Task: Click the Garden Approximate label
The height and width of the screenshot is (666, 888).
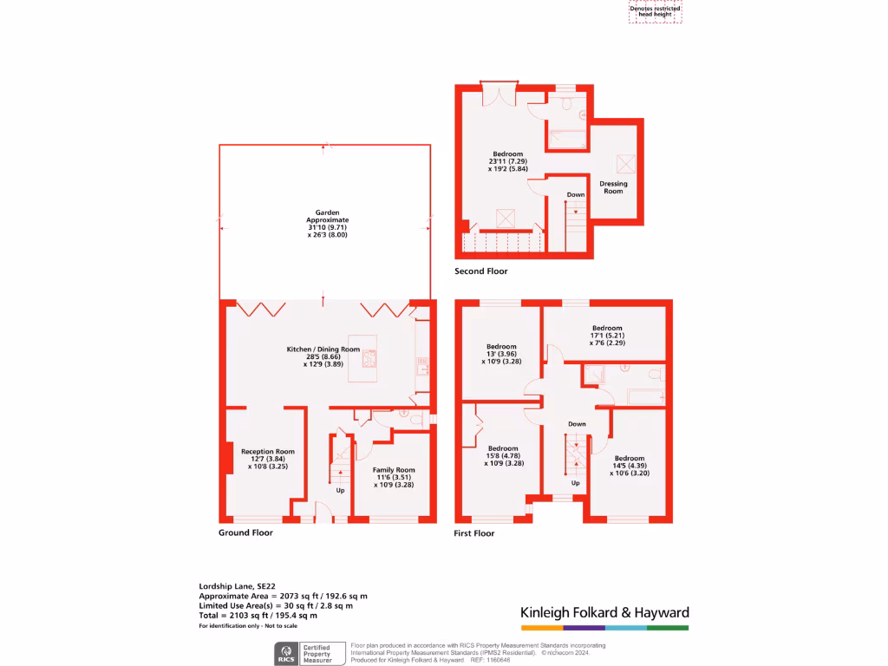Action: coord(327,223)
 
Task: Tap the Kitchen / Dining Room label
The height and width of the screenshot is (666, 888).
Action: coord(322,356)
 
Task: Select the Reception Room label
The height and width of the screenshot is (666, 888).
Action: coord(268,459)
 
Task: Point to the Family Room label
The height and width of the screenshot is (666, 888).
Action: coord(394,477)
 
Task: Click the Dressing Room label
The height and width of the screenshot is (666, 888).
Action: coord(613,187)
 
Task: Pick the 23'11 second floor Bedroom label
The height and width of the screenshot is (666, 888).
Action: coord(507,161)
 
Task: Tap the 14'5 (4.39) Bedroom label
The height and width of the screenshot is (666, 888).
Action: coord(630,466)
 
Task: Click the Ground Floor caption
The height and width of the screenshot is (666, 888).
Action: coord(245,532)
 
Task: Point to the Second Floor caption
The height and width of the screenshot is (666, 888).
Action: coord(481,271)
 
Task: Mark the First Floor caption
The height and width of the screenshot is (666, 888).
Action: coord(474,533)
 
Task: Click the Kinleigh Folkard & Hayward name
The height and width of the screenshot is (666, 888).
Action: coord(604,613)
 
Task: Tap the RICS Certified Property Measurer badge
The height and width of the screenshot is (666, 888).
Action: coord(308,653)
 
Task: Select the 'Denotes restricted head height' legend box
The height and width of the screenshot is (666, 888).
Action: coord(655,11)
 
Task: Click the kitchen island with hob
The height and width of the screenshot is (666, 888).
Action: coord(369,355)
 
